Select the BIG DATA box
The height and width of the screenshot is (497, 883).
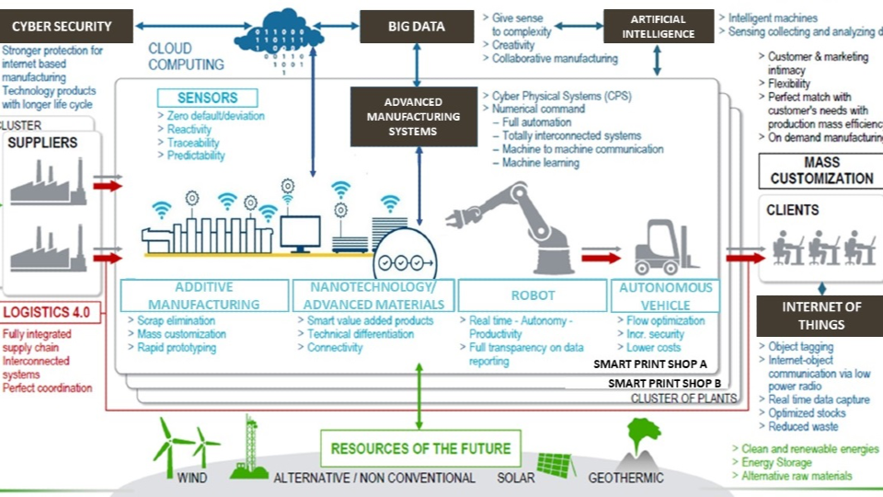pos(417,27)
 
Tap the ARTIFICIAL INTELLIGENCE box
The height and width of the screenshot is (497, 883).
pos(659,27)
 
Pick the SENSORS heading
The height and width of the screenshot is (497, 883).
pos(207,98)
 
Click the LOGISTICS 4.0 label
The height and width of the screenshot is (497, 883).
pos(46,312)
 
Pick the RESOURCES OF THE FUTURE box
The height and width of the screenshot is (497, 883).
pos(420,449)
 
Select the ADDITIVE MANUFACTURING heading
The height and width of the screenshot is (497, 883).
pos(203,295)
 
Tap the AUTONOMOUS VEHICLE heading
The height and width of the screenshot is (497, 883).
pos(665,295)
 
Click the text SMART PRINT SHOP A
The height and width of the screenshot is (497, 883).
pos(650,364)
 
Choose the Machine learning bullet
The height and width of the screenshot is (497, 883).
pos(540,163)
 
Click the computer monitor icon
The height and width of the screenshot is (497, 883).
pos(300,233)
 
